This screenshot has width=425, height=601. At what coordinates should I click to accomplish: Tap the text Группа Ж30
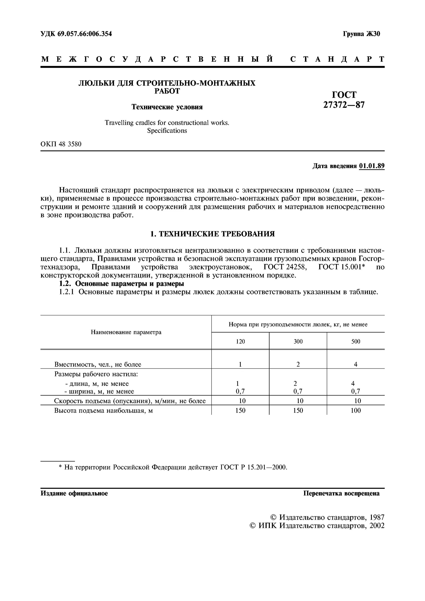click(361, 34)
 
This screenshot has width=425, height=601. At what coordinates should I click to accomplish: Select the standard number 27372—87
click(344, 105)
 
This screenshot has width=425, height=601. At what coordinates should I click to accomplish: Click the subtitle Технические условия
click(167, 107)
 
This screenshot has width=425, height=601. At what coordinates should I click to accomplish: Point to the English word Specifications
click(167, 131)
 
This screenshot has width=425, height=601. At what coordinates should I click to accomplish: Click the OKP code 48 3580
click(70, 144)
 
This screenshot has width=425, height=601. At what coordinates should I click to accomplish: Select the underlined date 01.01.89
click(372, 166)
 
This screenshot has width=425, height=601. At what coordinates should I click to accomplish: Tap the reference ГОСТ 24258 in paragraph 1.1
click(285, 267)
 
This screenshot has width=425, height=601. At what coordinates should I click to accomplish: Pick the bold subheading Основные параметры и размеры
click(130, 283)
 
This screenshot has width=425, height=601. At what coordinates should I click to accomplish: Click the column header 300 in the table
click(298, 341)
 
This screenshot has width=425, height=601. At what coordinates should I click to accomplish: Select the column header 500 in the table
click(356, 341)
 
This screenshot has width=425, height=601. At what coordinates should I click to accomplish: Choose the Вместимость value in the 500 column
click(356, 364)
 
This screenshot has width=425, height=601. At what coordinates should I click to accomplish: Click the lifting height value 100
click(356, 410)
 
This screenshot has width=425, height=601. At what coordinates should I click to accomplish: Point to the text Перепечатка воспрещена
click(341, 493)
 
